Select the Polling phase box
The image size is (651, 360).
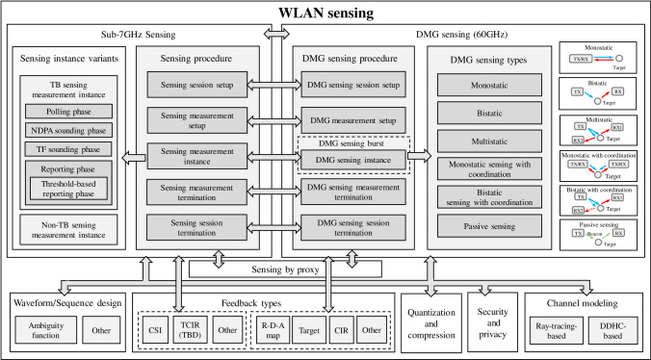(68, 111)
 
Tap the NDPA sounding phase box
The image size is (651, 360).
(68, 130)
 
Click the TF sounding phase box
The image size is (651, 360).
(68, 149)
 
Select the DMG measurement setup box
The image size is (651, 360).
(351, 119)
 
